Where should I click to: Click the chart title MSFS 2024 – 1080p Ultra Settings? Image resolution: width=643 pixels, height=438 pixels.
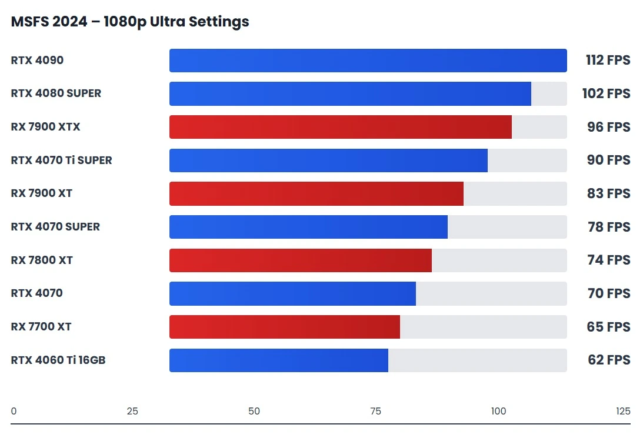pyautogui.click(x=130, y=22)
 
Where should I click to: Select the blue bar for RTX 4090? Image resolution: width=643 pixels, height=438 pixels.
pyautogui.click(x=368, y=61)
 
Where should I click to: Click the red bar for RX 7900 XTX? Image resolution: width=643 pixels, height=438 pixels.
pyautogui.click(x=340, y=127)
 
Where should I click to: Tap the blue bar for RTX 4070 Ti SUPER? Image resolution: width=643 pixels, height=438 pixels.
pyautogui.click(x=328, y=161)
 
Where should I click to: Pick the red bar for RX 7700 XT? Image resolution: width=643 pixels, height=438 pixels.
pyautogui.click(x=284, y=327)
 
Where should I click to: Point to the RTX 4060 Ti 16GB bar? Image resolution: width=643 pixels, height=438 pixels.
pyautogui.click(x=278, y=360)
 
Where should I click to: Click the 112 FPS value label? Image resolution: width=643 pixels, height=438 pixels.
pyautogui.click(x=608, y=61)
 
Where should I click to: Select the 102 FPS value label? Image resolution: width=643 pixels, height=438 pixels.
pyautogui.click(x=608, y=94)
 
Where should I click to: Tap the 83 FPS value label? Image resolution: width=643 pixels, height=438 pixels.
pyautogui.click(x=608, y=193)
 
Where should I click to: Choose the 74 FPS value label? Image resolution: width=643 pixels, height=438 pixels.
pyautogui.click(x=608, y=260)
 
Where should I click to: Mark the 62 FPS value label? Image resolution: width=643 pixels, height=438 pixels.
pyautogui.click(x=608, y=360)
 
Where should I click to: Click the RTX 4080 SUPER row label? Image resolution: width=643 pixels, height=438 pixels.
pyautogui.click(x=56, y=93)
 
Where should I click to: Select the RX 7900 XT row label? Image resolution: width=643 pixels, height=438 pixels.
pyautogui.click(x=41, y=193)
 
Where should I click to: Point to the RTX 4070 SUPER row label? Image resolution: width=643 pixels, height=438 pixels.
pyautogui.click(x=55, y=227)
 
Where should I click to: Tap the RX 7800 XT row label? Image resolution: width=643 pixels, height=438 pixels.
pyautogui.click(x=42, y=260)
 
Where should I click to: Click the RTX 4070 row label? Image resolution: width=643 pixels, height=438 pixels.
pyautogui.click(x=36, y=293)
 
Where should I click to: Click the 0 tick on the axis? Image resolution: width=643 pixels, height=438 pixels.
pyautogui.click(x=14, y=411)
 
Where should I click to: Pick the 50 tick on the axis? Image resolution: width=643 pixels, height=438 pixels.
pyautogui.click(x=254, y=411)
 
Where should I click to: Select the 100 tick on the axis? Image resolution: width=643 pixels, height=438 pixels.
pyautogui.click(x=498, y=411)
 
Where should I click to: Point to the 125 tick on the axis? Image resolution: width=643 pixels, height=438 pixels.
pyautogui.click(x=623, y=411)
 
